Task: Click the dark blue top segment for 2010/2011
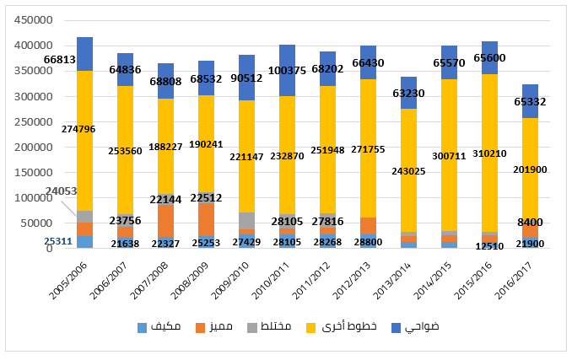(288, 70)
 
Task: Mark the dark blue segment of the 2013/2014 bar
(408, 93)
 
